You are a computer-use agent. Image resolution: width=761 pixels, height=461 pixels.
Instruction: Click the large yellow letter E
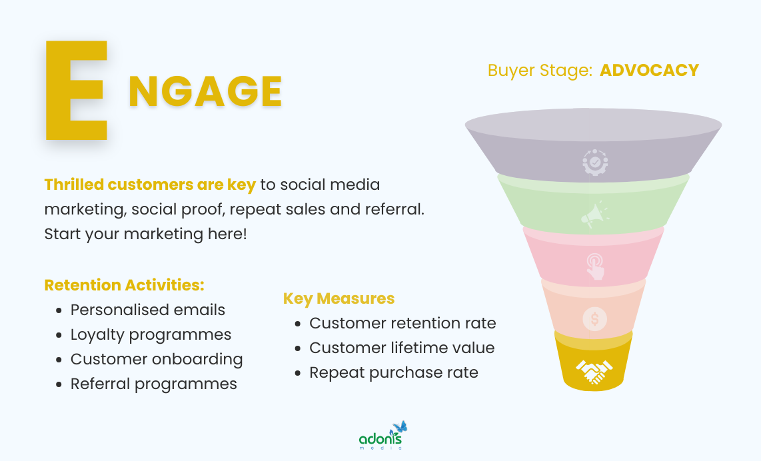click(x=75, y=91)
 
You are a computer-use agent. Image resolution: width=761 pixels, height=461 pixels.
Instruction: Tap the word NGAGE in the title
click(x=205, y=91)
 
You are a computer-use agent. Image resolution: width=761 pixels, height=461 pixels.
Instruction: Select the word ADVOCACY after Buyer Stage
click(x=649, y=71)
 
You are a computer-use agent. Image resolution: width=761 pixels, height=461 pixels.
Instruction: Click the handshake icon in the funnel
click(x=594, y=371)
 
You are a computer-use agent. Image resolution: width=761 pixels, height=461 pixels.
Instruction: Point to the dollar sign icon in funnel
click(x=594, y=319)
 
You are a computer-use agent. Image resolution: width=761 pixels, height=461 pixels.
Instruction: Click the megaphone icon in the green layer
click(x=594, y=215)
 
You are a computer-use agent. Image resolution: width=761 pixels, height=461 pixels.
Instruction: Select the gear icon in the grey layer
click(x=594, y=163)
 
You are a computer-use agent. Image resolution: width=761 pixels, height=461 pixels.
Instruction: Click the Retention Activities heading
click(x=124, y=285)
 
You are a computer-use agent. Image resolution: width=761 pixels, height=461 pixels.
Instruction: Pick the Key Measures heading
click(x=339, y=298)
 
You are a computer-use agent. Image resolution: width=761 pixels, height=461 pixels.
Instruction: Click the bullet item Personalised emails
click(x=148, y=310)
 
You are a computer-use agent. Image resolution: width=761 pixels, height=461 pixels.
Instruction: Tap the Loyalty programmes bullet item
click(x=151, y=334)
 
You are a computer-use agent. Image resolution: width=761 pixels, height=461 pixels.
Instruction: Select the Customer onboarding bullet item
click(x=157, y=359)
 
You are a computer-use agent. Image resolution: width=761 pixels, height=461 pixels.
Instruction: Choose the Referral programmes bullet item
click(x=153, y=384)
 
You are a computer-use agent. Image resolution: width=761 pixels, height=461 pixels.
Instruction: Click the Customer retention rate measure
click(x=402, y=323)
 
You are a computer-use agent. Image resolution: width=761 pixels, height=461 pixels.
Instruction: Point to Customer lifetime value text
click(x=402, y=348)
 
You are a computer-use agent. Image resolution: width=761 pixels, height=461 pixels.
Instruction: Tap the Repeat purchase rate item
click(x=393, y=372)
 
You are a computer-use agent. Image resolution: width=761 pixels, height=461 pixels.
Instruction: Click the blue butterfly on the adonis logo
click(x=400, y=427)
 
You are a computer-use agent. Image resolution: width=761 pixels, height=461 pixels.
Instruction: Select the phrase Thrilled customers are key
click(x=150, y=185)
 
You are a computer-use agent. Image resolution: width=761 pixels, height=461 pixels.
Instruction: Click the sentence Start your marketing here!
click(x=145, y=234)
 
